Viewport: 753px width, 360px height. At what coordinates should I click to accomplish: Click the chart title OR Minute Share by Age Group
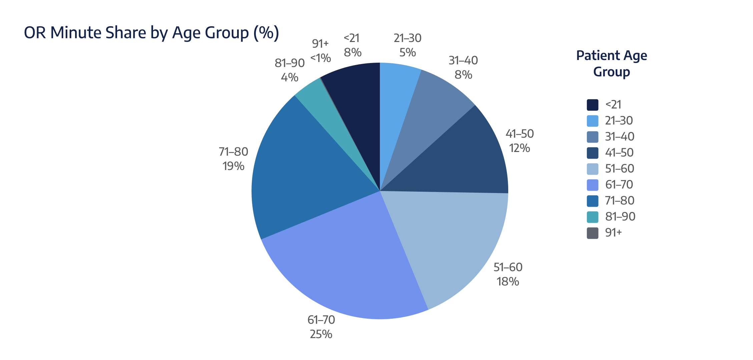coord(151,33)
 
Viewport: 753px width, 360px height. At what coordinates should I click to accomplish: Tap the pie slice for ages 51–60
coord(450,240)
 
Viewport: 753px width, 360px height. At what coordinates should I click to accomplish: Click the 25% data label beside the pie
coord(321,334)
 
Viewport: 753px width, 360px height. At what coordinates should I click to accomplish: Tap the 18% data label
coord(508,282)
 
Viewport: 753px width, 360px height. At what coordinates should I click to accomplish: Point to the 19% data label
coord(233,166)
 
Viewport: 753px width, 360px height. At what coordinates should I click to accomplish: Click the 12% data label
coord(520,148)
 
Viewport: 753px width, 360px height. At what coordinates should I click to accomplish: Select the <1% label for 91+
coord(320,58)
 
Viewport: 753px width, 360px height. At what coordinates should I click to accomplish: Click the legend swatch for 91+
coord(593,233)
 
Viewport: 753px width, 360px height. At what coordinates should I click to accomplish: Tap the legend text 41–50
coord(619,153)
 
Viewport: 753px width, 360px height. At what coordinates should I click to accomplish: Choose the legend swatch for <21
coord(593,105)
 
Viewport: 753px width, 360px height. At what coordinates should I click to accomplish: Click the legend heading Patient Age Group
coord(612,63)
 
